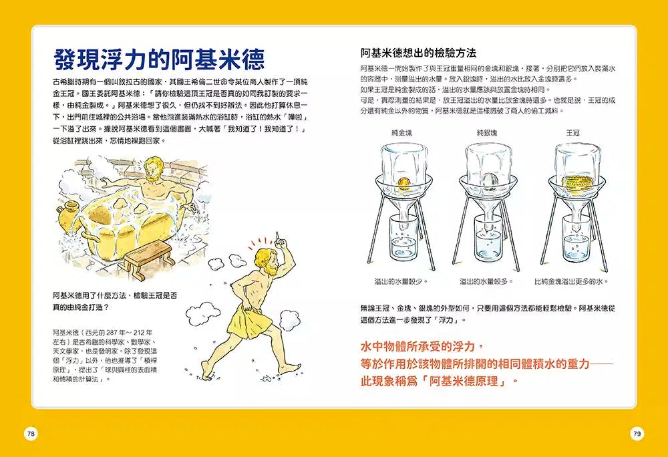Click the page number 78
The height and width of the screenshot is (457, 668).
tap(31, 434)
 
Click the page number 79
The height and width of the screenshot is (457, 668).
tap(637, 434)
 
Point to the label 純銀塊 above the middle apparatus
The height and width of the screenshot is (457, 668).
tap(487, 133)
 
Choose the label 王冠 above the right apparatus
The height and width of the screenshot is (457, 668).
tap(572, 133)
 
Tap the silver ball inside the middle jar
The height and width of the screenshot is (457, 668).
tap(489, 179)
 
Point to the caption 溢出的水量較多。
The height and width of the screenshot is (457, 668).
tap(486, 281)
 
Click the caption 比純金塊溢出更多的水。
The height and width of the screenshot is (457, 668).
tap(572, 281)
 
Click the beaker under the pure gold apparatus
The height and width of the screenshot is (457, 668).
tap(403, 244)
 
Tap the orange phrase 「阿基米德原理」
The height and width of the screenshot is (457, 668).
tap(464, 382)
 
